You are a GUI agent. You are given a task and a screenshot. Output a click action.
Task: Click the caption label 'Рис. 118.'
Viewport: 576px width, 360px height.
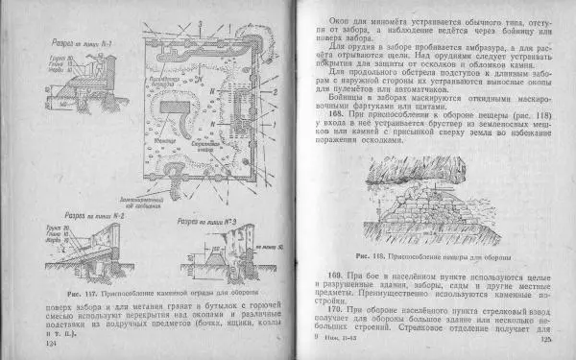pos(369,257)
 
